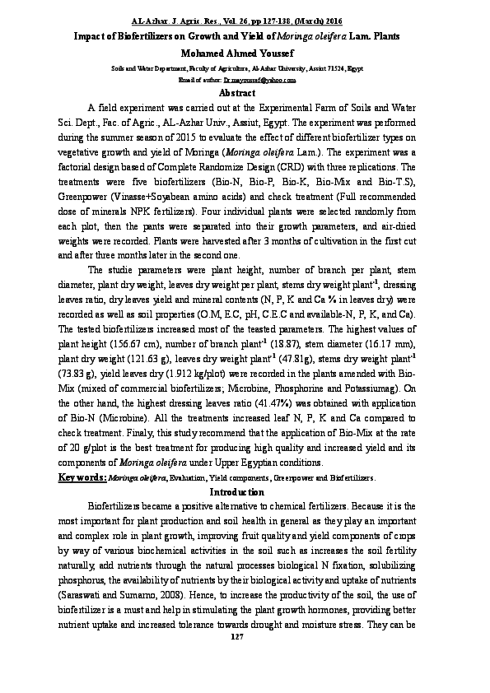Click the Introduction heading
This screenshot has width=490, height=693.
tap(245, 491)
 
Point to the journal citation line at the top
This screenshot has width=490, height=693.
tap(245, 18)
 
